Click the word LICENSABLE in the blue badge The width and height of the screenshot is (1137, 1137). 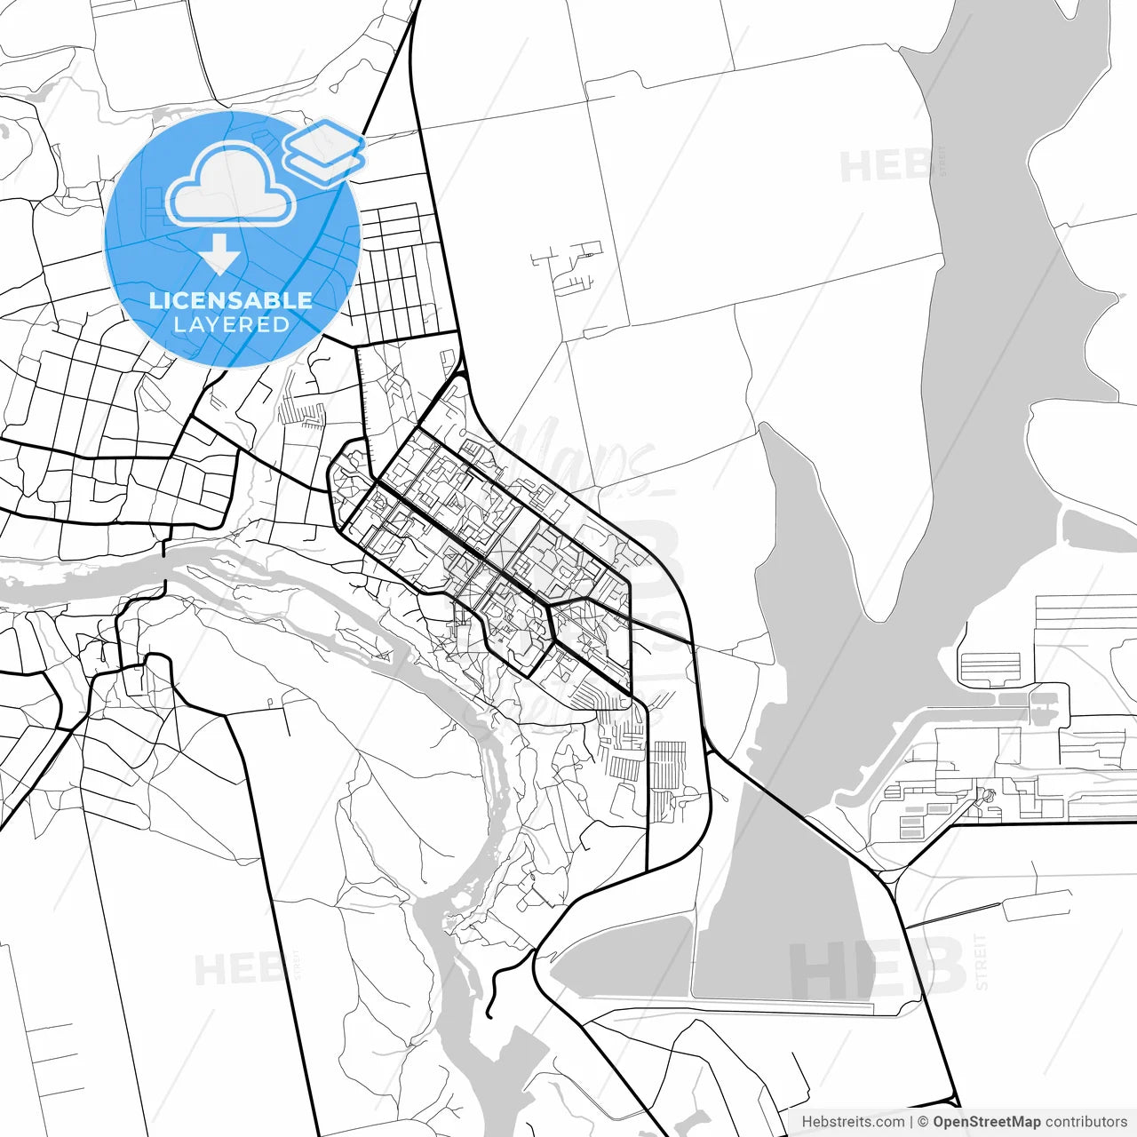click(x=231, y=300)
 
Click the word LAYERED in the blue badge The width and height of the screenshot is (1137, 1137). click(x=231, y=324)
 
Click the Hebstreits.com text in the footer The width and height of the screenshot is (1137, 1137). click(x=853, y=1122)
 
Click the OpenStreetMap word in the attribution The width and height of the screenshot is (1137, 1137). click(x=986, y=1122)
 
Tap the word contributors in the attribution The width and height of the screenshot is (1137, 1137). click(x=1085, y=1122)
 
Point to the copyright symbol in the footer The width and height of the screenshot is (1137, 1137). click(x=923, y=1122)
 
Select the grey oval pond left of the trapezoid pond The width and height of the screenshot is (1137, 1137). click(x=622, y=959)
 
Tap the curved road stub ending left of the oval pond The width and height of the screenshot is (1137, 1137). click(x=497, y=977)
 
